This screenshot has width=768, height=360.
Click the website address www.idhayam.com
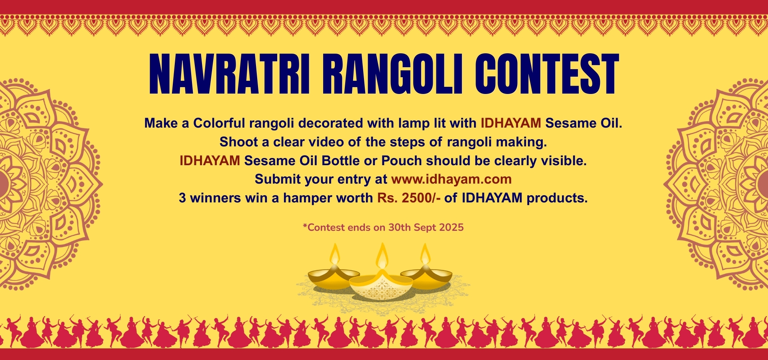451,179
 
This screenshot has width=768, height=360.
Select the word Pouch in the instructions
402,161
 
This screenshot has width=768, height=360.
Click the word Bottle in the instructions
341,160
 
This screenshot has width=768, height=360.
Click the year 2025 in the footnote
451,228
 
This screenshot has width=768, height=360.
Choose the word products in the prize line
557,198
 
